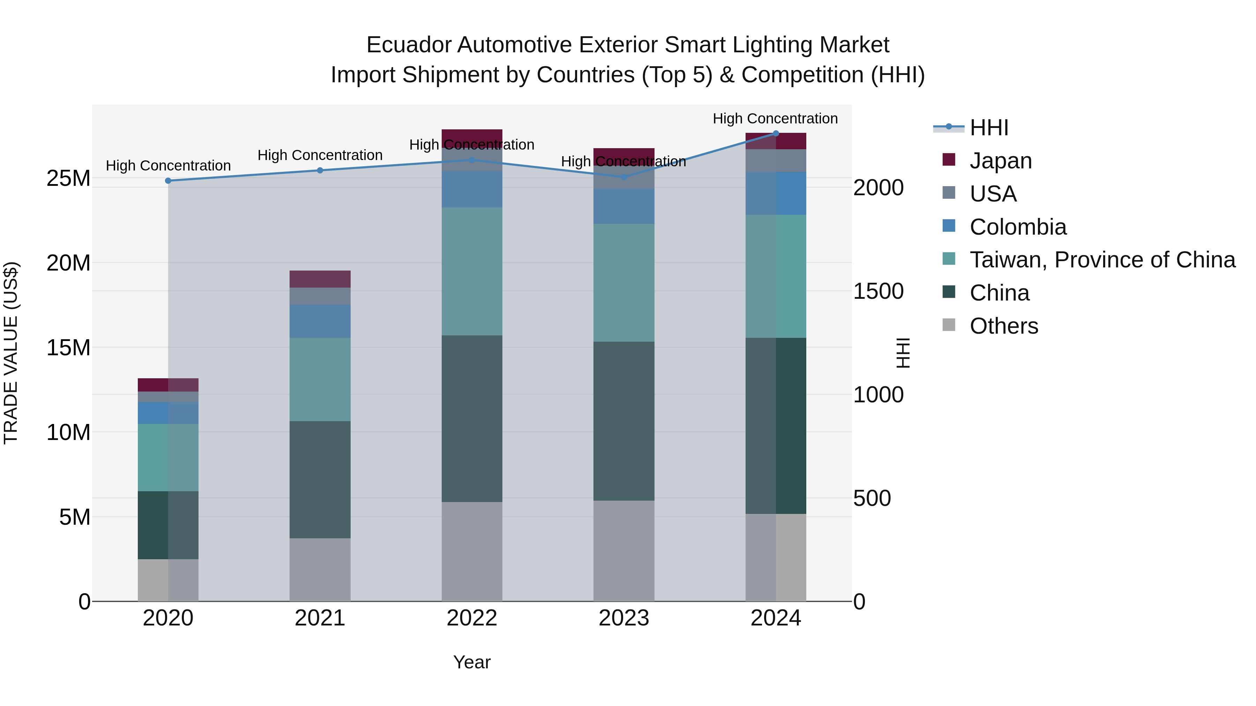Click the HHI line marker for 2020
point(168,181)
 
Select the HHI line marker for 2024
point(776,134)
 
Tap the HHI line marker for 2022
point(472,160)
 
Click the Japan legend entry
point(1001,161)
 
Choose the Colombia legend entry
point(1018,227)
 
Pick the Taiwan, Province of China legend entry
point(1102,260)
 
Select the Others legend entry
point(1003,326)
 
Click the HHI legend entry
point(989,128)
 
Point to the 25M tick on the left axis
point(68,178)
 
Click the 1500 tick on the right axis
point(878,291)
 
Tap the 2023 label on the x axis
point(623,618)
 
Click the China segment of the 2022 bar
point(472,418)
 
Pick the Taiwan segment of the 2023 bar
point(623,283)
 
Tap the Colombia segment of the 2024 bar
point(776,193)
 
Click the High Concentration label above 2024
point(775,119)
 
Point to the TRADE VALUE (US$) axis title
point(11,353)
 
